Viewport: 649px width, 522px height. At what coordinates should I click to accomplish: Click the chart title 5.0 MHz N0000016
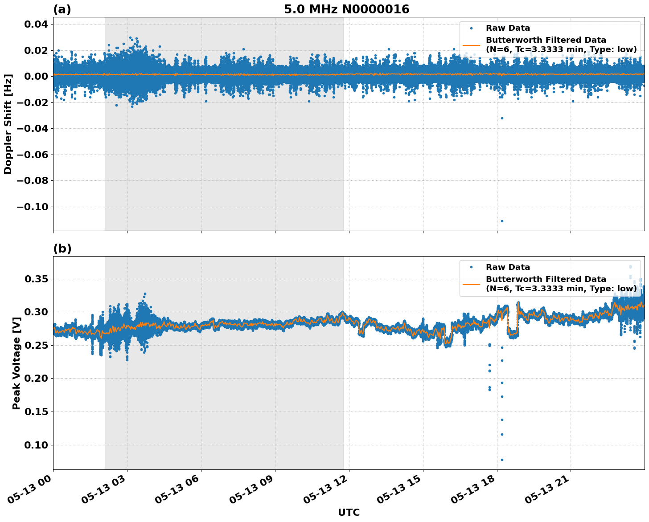346,9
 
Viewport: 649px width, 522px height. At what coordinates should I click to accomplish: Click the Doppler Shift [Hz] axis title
8,124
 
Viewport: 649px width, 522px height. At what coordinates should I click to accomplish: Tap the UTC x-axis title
349,512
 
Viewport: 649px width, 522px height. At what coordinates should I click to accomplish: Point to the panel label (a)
62,9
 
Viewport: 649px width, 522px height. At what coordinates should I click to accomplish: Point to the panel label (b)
62,249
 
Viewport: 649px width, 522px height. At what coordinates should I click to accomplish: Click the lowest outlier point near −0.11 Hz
502,221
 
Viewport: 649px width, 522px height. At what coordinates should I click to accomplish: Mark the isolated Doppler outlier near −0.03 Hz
502,118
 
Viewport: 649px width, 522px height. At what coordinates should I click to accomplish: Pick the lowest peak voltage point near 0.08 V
502,460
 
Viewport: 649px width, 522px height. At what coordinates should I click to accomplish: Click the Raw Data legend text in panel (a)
508,28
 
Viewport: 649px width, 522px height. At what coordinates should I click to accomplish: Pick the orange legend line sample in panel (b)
471,284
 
